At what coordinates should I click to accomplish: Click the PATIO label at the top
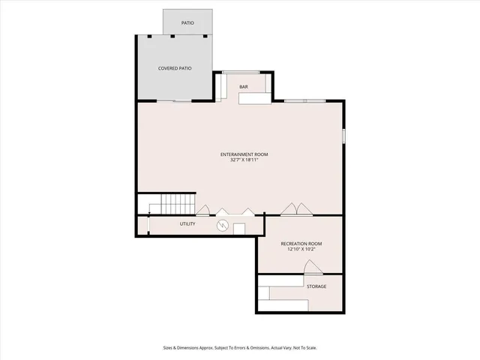pos(187,23)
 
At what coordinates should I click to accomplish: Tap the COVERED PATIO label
pos(174,68)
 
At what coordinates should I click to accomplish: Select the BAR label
pos(244,87)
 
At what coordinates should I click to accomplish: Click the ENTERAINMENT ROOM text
pos(244,154)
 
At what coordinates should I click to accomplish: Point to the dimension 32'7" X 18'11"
pos(244,160)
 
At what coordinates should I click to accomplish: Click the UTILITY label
pos(187,224)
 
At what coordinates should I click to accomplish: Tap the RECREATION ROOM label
pos(301,244)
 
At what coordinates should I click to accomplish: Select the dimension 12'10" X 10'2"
pos(301,249)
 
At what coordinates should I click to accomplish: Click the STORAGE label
pos(316,286)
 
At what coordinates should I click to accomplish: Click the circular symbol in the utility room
pos(222,225)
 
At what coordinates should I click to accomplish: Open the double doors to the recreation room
pos(294,208)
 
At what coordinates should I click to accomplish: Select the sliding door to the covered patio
pos(182,100)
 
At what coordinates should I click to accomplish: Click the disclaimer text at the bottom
pos(240,347)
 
